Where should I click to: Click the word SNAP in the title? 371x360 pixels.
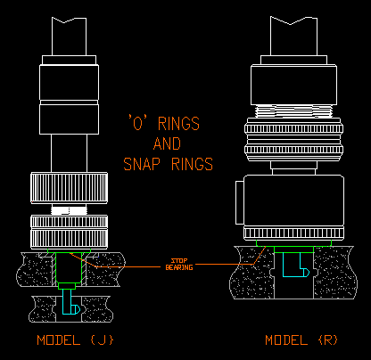point(142,164)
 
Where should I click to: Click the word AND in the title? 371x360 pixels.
point(167,143)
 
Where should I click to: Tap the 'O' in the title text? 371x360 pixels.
point(137,123)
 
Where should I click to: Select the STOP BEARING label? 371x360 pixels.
point(179,265)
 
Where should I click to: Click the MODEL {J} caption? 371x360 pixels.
point(75,340)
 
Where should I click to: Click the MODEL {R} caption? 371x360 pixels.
point(301,340)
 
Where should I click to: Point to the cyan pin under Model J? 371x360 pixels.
point(70,302)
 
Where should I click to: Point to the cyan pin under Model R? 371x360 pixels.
point(295,265)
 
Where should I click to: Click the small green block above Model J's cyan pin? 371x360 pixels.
point(67,286)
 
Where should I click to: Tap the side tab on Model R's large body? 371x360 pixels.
point(240,202)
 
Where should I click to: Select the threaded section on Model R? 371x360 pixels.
point(293,111)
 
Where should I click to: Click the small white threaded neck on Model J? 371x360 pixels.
point(69,209)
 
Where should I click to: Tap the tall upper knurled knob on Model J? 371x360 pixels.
point(69,188)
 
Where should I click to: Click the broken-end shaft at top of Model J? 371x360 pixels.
point(69,37)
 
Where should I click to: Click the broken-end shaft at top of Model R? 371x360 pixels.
point(293,36)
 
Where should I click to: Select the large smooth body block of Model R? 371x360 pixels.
point(293,201)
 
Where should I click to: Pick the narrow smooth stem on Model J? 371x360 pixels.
point(69,153)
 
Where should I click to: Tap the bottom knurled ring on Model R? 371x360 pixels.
point(293,233)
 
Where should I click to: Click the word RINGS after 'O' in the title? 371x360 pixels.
point(178,124)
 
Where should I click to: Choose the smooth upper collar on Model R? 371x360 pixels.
point(293,85)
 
